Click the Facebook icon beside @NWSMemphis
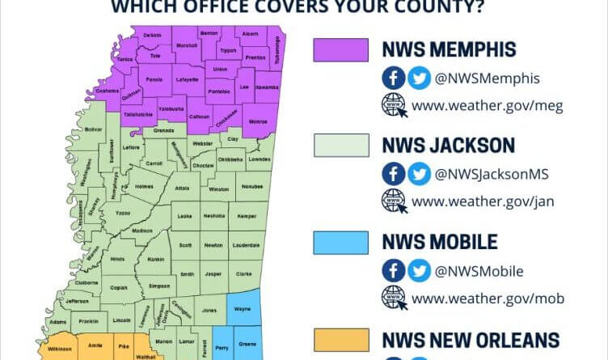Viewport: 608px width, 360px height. click(x=394, y=78)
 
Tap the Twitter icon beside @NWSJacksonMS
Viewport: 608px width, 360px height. click(x=419, y=174)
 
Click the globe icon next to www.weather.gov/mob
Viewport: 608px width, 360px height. click(x=394, y=298)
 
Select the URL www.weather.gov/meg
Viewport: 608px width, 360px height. click(x=487, y=105)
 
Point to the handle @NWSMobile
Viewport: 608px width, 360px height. click(x=479, y=271)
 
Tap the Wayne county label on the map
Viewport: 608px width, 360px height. click(x=242, y=307)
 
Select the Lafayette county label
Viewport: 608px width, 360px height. click(x=187, y=80)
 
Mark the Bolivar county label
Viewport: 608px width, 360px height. click(x=93, y=129)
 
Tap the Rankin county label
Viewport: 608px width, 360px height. click(x=156, y=259)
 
